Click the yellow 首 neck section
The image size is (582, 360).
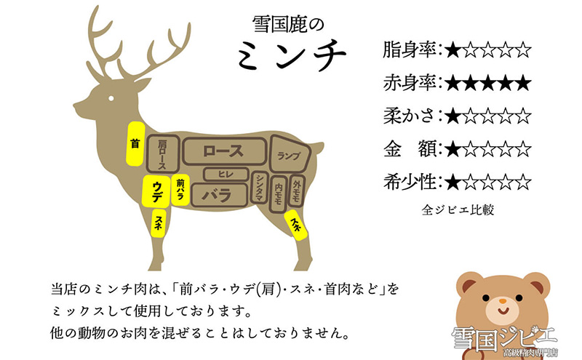coord(134,144)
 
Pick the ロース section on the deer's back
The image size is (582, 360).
coord(223,151)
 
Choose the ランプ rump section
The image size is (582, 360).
coord(289,154)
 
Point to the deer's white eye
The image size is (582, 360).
coord(112,98)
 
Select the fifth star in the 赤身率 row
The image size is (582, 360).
coord(522,83)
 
